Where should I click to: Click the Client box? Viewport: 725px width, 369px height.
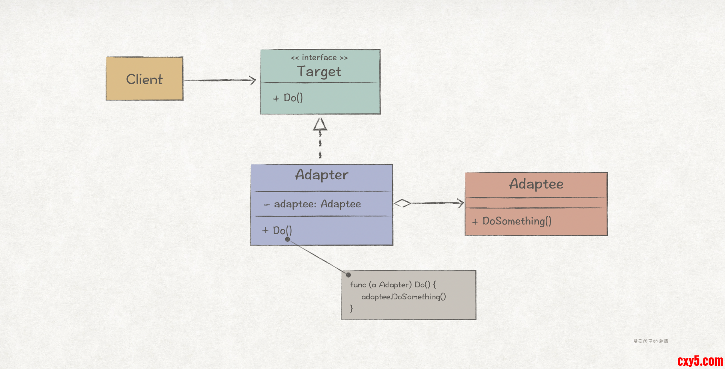[144, 79]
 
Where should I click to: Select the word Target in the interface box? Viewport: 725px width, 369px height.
[319, 72]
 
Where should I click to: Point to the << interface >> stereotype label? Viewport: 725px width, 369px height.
[319, 58]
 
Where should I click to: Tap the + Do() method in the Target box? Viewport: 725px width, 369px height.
[288, 98]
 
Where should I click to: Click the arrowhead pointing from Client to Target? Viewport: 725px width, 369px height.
[252, 80]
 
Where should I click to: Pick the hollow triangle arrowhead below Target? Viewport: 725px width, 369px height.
[320, 124]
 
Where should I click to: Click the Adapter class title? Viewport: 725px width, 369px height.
[322, 175]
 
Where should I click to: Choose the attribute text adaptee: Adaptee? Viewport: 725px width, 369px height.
[317, 204]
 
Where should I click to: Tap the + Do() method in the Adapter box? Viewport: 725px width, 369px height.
[277, 231]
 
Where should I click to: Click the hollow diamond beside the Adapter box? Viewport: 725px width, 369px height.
[402, 203]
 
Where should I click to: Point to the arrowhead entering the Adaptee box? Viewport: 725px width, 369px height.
[461, 203]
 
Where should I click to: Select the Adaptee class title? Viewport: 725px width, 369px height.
[536, 184]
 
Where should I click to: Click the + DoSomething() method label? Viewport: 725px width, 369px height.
[512, 221]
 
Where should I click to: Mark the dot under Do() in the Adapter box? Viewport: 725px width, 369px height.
[288, 239]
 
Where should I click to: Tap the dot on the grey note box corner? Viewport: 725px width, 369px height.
[348, 275]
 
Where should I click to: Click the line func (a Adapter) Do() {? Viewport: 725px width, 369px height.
[393, 285]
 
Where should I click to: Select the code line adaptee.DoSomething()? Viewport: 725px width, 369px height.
[403, 297]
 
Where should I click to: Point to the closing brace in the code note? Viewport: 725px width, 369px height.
[351, 308]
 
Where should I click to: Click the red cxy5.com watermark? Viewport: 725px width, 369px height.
[700, 361]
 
